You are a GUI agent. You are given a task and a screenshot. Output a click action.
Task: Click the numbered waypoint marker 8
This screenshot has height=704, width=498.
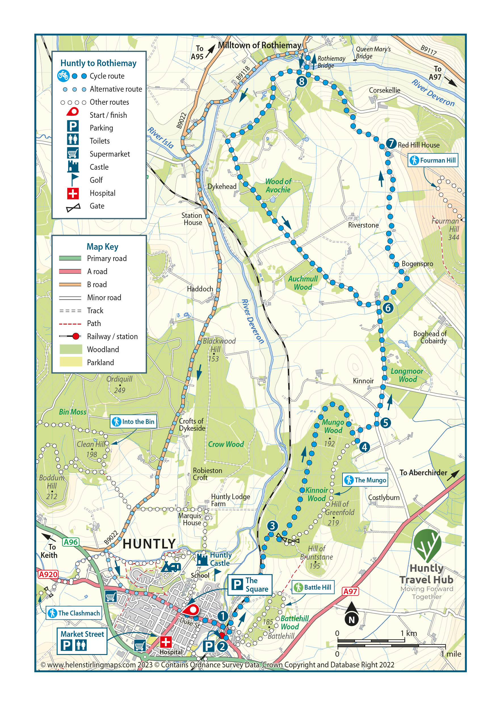click(302, 81)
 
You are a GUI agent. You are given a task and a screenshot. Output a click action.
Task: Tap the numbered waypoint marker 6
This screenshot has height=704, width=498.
click(388, 308)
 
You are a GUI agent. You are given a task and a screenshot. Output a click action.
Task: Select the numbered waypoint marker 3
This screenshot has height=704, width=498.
click(272, 526)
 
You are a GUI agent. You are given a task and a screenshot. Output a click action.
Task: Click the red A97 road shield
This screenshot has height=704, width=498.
click(350, 591)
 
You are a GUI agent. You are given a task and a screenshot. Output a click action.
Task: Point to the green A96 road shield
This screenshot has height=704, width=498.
click(71, 542)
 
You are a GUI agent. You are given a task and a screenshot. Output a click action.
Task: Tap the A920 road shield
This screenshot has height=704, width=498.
click(48, 574)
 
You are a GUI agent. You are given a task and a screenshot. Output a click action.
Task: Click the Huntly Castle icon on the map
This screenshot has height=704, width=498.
click(202, 560)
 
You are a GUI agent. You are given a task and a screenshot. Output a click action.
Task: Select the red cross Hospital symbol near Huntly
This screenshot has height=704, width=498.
click(166, 642)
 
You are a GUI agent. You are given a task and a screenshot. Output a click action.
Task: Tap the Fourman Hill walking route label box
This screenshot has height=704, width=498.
click(433, 160)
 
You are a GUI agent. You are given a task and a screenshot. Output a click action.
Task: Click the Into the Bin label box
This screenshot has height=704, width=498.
click(133, 422)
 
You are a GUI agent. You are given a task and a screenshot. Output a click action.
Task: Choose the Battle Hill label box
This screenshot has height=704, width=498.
click(313, 587)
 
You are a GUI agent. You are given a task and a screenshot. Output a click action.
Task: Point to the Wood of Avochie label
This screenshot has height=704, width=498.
click(278, 186)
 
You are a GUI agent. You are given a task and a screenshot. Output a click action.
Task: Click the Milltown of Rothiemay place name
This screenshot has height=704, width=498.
click(259, 45)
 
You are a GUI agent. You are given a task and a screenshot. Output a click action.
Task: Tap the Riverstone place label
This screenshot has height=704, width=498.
click(363, 225)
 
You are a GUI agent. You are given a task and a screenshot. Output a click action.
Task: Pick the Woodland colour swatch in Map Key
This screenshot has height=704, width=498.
click(71, 349)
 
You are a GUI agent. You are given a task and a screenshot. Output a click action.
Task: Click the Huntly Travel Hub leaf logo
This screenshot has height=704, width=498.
click(427, 545)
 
